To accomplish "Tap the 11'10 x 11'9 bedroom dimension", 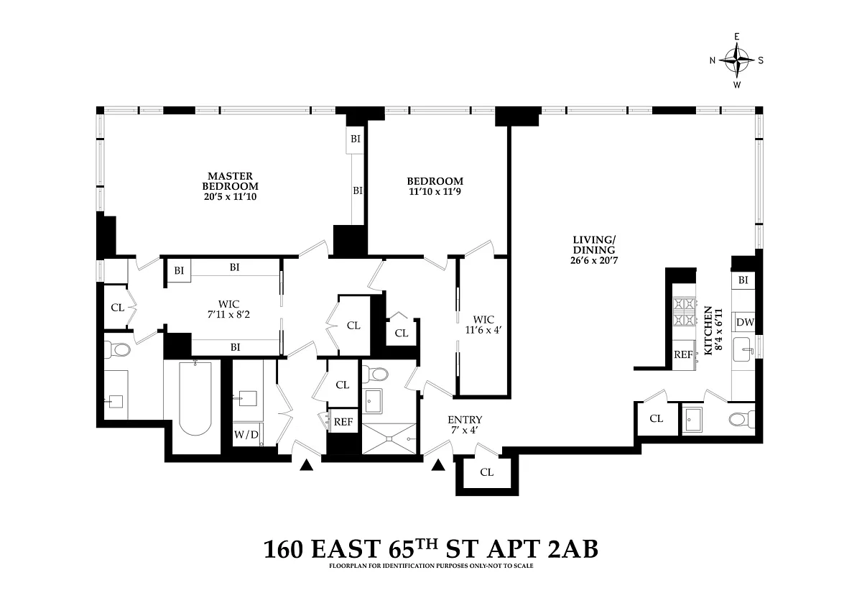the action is (435, 191).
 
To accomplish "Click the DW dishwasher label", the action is (745, 322).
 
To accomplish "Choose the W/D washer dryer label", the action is (246, 435).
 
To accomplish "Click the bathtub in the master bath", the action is (195, 398).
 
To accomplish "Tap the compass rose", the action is (737, 60).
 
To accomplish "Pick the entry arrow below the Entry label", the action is (438, 465).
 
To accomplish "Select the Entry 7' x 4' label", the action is (465, 425).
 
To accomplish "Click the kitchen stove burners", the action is (684, 312).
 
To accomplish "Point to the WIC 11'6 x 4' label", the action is (483, 325).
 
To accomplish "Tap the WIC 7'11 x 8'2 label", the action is (228, 310).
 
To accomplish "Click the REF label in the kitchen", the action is (683, 354).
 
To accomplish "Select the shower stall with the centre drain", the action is (389, 438).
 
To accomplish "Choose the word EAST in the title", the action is (346, 549).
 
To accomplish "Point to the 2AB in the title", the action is (573, 549).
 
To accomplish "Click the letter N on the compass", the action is (713, 60).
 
